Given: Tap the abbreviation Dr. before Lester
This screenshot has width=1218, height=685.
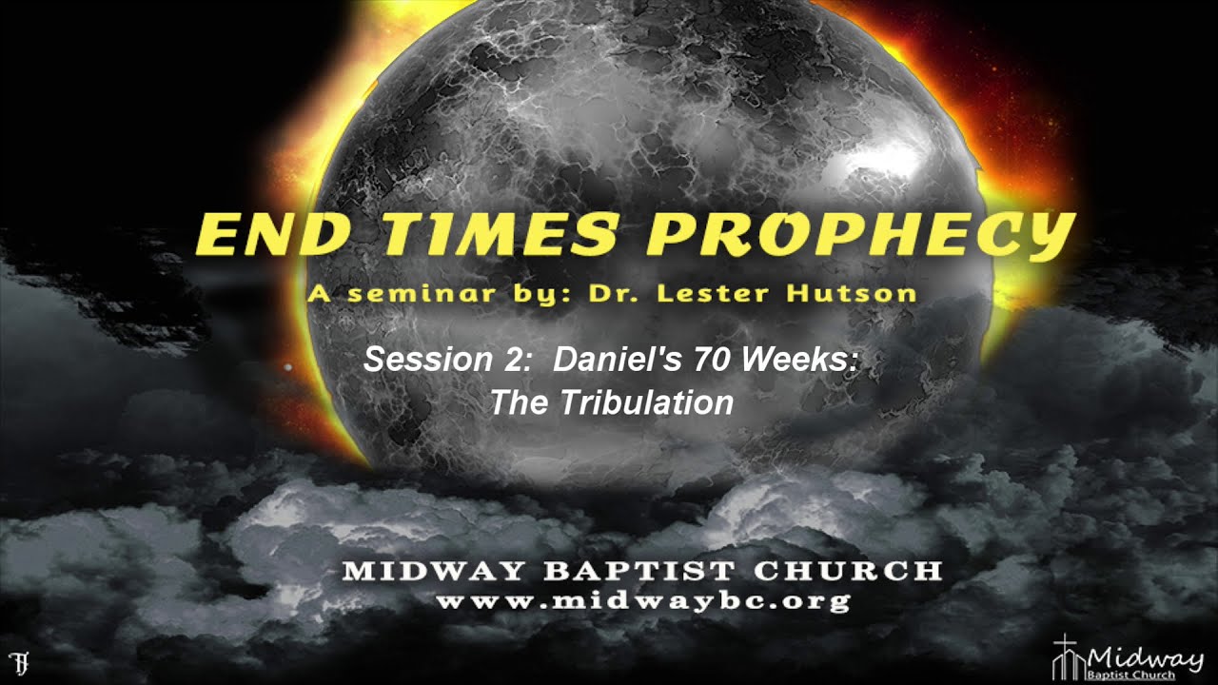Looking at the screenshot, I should click(613, 294).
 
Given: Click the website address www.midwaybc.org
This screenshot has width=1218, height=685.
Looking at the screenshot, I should click(642, 601).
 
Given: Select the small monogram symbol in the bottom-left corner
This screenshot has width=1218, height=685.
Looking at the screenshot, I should click(17, 661).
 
